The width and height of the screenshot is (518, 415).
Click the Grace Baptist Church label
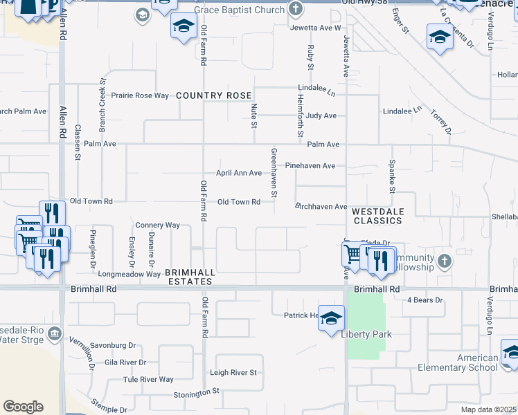pos(239,10)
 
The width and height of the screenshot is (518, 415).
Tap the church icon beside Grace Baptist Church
pos(296,10)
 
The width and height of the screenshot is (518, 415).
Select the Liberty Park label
pos(366,335)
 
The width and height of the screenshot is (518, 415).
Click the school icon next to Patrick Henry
pos(332,317)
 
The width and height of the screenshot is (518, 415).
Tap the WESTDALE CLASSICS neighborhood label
pos(377,216)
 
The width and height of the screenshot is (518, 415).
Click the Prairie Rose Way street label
pos(141,95)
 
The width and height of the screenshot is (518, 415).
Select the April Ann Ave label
pos(239,173)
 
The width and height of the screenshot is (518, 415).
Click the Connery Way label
pos(157,225)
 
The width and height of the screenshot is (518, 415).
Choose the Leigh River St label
pos(238,373)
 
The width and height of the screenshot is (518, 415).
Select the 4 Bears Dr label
pos(425,300)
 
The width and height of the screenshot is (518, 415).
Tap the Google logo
pos(23,407)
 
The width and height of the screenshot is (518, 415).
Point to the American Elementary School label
pos(477,362)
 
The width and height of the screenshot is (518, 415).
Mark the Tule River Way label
pos(148,380)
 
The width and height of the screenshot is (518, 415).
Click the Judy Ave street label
pos(321,116)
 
